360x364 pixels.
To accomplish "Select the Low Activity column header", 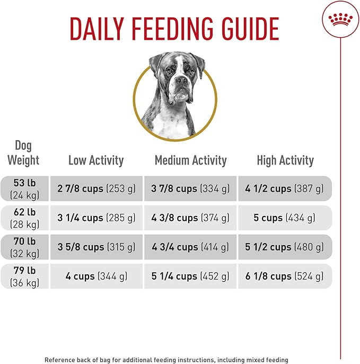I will [x=96, y=160].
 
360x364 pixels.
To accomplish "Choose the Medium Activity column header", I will [x=190, y=160].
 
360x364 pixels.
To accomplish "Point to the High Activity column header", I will [x=285, y=160].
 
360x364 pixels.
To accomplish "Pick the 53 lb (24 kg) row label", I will [x=25, y=188].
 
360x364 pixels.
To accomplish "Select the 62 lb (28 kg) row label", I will [x=25, y=218].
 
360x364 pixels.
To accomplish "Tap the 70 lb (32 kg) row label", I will [x=25, y=247].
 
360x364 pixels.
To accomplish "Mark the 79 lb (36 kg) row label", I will [x=25, y=276].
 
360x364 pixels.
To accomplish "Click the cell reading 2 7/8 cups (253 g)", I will [x=96, y=188].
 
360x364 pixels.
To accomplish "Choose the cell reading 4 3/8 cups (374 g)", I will [x=190, y=218].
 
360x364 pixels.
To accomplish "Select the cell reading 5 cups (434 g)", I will [x=285, y=218].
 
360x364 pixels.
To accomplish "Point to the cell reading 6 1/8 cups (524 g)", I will [x=285, y=276].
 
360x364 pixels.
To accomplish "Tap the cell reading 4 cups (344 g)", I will [x=96, y=276].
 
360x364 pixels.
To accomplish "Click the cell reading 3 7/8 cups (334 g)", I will [x=190, y=188].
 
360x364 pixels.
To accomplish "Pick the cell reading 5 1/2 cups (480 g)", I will [x=285, y=247].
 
